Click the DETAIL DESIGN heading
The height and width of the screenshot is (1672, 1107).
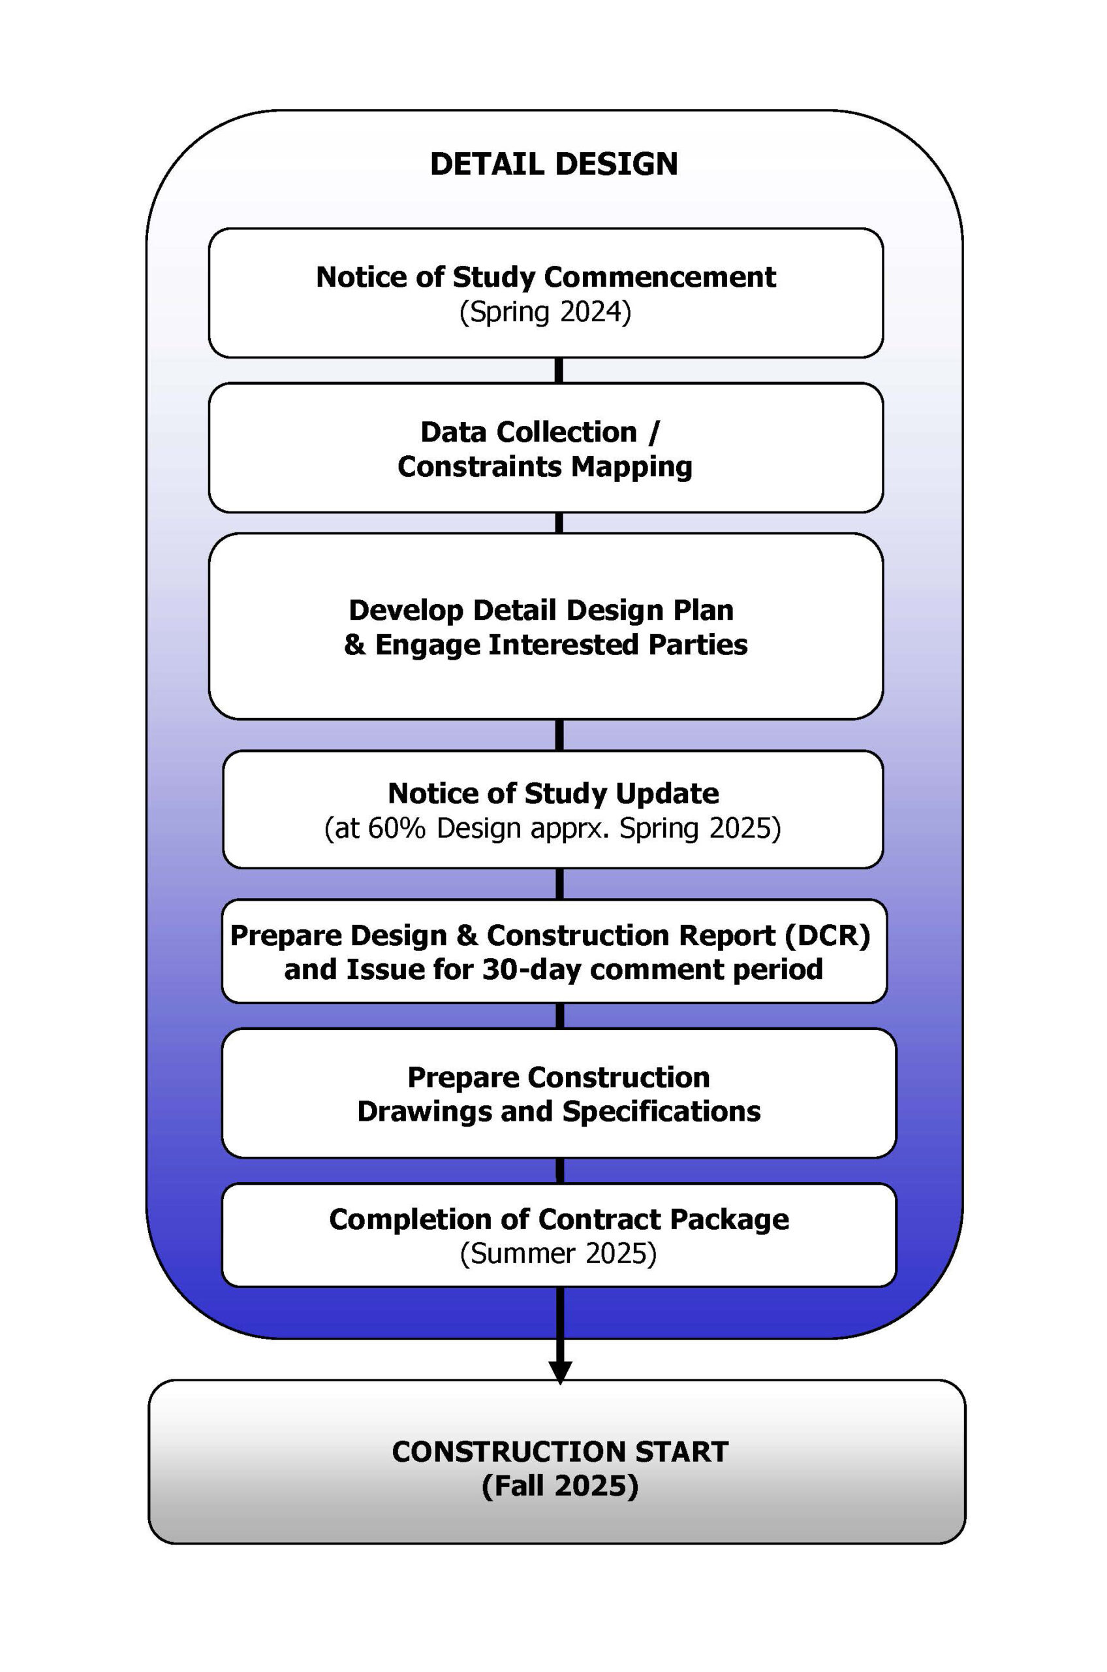click(x=553, y=164)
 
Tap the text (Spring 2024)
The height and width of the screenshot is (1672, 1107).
click(x=545, y=312)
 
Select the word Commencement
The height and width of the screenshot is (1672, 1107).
click(x=659, y=277)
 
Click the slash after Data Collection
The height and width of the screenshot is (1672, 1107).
click(x=654, y=432)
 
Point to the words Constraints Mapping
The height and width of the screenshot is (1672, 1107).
click(x=545, y=467)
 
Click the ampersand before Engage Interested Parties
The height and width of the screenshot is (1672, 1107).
click(x=355, y=644)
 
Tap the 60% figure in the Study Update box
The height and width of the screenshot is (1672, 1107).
click(x=396, y=828)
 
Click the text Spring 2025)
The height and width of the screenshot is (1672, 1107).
click(x=700, y=828)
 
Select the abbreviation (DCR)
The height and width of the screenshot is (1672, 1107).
click(x=827, y=935)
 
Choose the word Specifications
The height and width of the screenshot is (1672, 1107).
click(x=661, y=1111)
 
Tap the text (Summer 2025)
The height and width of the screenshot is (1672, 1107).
click(x=557, y=1253)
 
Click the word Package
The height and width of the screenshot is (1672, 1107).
click(x=729, y=1219)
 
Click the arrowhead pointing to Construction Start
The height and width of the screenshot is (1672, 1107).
click(x=560, y=1372)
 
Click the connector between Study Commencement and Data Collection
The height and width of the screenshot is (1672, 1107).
click(x=559, y=371)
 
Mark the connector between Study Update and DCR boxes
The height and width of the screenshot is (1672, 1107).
click(x=560, y=884)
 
